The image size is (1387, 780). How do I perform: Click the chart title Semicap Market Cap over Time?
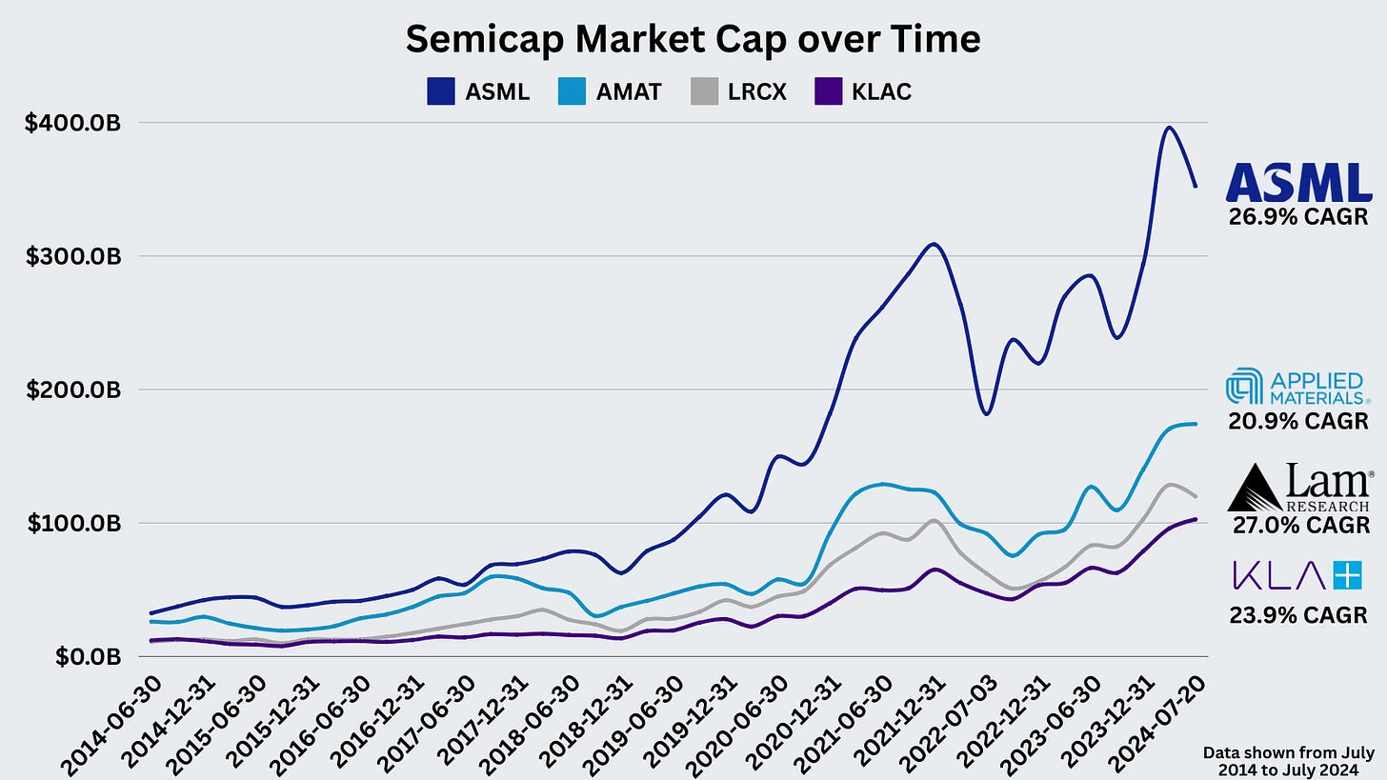pos(693,39)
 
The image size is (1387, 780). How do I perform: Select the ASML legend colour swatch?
pos(441,91)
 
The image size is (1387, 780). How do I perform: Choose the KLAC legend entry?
pos(863,91)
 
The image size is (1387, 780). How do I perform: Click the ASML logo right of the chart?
pos(1297,182)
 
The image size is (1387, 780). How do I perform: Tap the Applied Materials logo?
pos(1297,386)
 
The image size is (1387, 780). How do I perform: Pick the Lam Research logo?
pos(1297,488)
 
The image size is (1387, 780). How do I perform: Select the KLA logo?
pos(1297,575)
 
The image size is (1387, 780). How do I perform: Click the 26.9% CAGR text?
pos(1297,217)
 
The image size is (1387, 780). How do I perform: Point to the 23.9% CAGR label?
pos(1297,614)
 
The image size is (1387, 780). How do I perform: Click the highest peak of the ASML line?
pos(1169,128)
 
